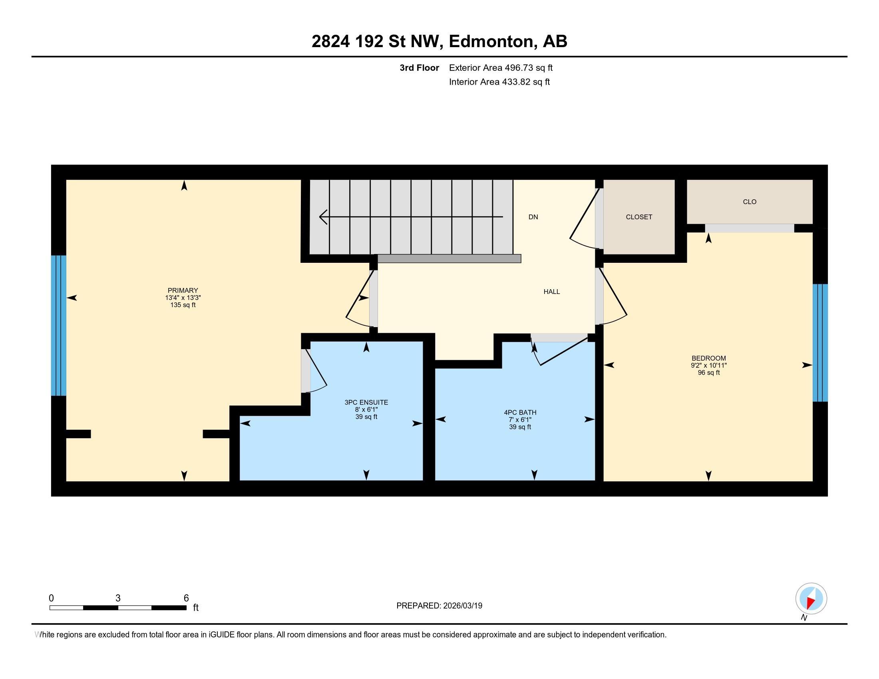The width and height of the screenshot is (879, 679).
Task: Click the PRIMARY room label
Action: [183, 290]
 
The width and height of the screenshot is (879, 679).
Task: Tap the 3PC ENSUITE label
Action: [366, 402]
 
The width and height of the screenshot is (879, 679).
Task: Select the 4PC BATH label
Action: [520, 412]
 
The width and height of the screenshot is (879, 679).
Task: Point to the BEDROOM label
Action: [708, 358]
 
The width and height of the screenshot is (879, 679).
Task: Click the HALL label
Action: [551, 292]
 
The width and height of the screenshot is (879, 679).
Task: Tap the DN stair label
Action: [533, 217]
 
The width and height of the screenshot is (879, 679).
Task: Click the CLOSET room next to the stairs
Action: [639, 217]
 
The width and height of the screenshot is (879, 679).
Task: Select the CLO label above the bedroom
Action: [750, 202]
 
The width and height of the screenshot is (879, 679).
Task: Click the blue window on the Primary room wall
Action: [59, 326]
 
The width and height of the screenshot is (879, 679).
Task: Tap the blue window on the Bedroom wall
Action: [820, 343]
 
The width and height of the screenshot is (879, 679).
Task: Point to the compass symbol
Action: [811, 599]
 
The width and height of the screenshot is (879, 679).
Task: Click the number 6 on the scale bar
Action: [186, 598]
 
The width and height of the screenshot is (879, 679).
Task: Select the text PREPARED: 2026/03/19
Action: [439, 606]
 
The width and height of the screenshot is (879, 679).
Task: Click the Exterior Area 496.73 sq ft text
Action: [501, 68]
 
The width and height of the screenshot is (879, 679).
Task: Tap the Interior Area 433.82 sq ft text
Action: [499, 82]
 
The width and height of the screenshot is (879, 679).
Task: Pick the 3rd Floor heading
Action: [419, 68]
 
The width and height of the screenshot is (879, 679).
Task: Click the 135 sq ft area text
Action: [183, 305]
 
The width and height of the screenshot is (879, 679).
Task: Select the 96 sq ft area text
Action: [708, 373]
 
